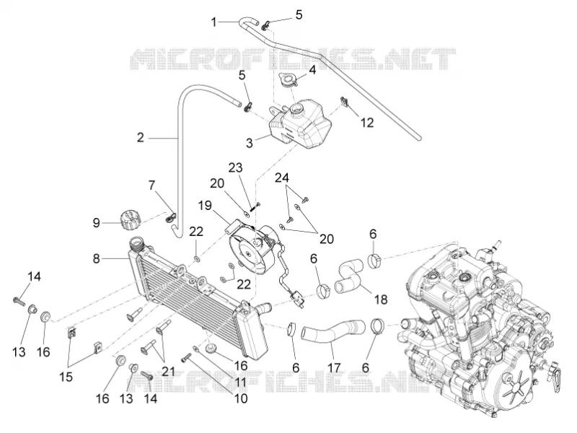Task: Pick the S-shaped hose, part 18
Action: (x=349, y=277)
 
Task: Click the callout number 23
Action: (x=236, y=167)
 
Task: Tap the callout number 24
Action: (x=282, y=178)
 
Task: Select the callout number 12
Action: (x=367, y=122)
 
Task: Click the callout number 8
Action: (x=96, y=259)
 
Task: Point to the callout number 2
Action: (x=140, y=138)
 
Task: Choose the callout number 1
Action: (x=213, y=22)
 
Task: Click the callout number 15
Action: (x=66, y=377)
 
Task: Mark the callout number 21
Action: (x=168, y=371)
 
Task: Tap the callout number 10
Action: (x=241, y=398)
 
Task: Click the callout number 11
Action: (x=241, y=382)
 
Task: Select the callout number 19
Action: (x=205, y=206)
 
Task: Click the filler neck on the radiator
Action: (x=137, y=245)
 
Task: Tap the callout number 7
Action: (x=152, y=185)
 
